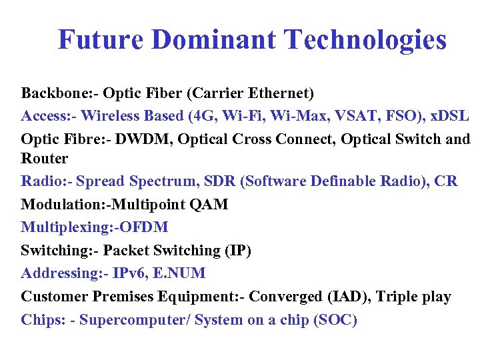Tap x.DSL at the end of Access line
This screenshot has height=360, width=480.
coord(450,115)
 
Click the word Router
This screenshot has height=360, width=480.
coord(44,159)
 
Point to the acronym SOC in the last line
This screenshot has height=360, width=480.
coord(335,320)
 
